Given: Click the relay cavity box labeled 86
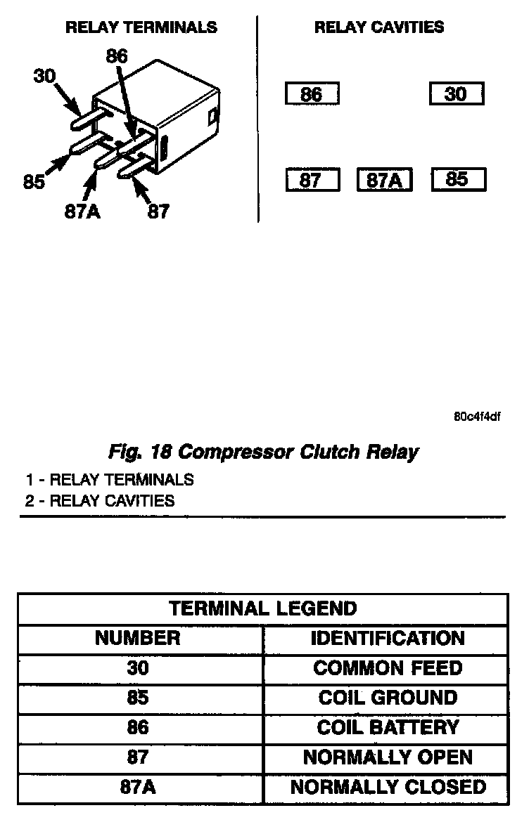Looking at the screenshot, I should coord(312,94).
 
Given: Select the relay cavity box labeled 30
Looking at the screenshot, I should coord(456,94).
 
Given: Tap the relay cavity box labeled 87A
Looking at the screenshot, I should coord(384,181).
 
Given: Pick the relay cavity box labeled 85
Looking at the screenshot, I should coord(457,180).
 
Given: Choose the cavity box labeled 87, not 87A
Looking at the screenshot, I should coord(312,181).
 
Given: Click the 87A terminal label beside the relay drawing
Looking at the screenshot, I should coord(82,211).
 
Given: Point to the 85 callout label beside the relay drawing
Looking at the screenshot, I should coord(34,182).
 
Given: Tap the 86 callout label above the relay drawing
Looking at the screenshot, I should coord(117,56).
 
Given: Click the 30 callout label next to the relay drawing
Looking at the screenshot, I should coord(44,75).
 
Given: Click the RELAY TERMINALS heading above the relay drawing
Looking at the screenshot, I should coord(141,28).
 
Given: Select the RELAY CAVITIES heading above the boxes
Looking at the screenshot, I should coord(379,28).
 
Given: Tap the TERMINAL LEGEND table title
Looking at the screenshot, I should coord(263,608).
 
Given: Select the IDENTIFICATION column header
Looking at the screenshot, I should coord(388,638).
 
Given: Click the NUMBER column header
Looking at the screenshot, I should coord(138,638).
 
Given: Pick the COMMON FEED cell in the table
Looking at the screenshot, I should coord(388,668).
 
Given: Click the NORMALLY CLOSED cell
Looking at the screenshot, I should coord(388,787).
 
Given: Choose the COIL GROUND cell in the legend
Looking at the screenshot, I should coord(388,698).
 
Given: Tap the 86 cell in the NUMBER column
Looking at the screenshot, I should coord(138,727).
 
